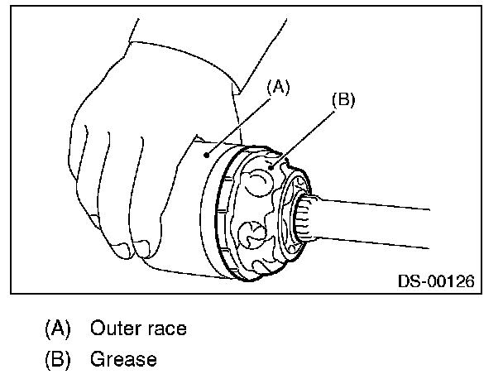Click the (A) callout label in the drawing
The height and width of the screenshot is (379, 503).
pyautogui.click(x=277, y=86)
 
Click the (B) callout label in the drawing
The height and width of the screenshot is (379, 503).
pyautogui.click(x=342, y=99)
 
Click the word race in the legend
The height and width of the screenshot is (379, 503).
pyautogui.click(x=163, y=329)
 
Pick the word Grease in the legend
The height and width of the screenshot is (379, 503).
pyautogui.click(x=122, y=360)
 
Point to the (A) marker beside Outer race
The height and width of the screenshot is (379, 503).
pyautogui.click(x=57, y=329)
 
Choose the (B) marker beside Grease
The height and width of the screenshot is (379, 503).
pyautogui.click(x=57, y=360)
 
